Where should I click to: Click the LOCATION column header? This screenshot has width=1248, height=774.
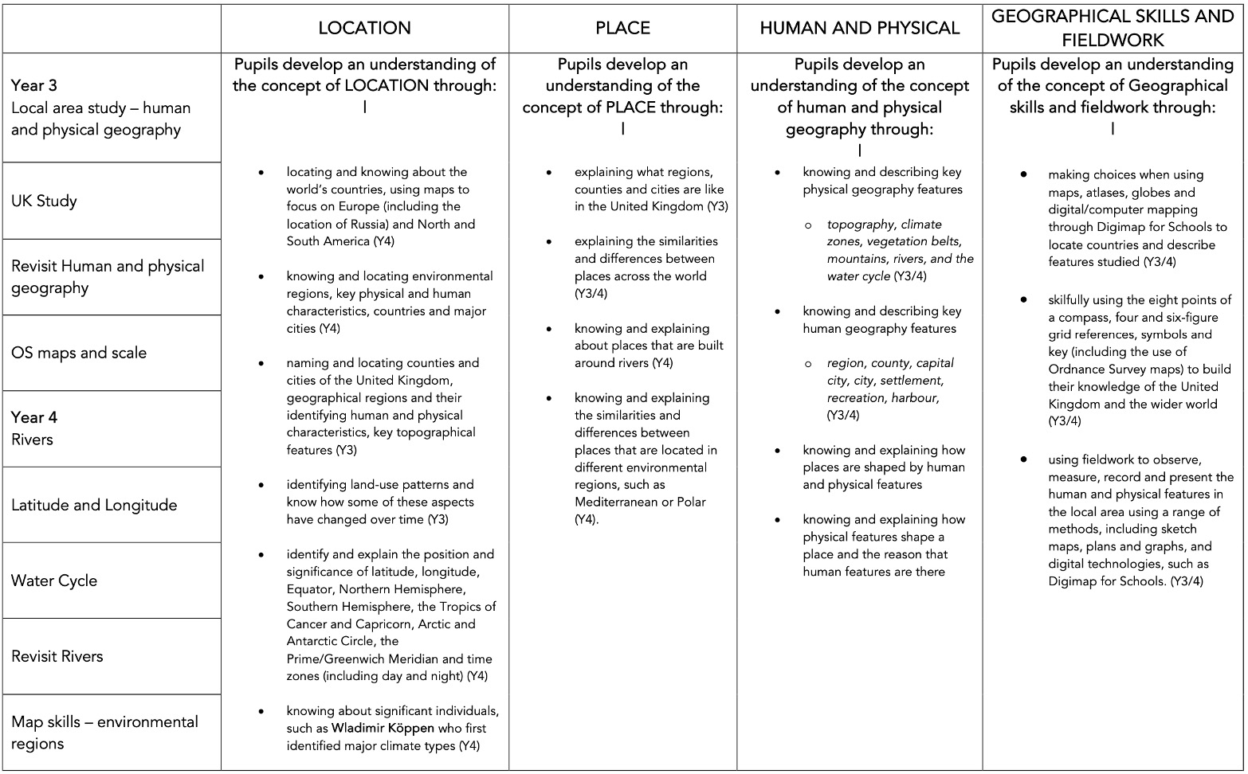(x=364, y=29)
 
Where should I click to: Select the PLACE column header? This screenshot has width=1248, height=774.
(x=622, y=29)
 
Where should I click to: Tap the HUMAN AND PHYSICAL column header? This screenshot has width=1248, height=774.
(x=859, y=29)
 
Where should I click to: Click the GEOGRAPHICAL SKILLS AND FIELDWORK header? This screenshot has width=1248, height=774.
(x=1113, y=29)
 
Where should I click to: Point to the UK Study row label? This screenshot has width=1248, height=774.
(x=44, y=201)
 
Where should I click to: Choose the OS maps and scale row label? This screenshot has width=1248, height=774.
(x=79, y=353)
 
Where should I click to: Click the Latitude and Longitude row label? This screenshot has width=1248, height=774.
(x=94, y=505)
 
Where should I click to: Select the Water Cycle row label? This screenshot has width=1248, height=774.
(x=54, y=580)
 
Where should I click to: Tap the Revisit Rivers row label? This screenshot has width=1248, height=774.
(x=57, y=656)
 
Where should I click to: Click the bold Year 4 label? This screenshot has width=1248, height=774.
(x=34, y=417)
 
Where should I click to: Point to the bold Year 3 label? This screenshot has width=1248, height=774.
(x=34, y=85)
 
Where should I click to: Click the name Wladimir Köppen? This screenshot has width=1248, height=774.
(x=383, y=728)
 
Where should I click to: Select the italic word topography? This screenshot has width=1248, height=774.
(x=861, y=225)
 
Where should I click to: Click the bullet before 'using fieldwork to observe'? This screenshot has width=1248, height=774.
(x=1023, y=459)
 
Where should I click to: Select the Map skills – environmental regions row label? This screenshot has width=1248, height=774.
(x=104, y=733)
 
